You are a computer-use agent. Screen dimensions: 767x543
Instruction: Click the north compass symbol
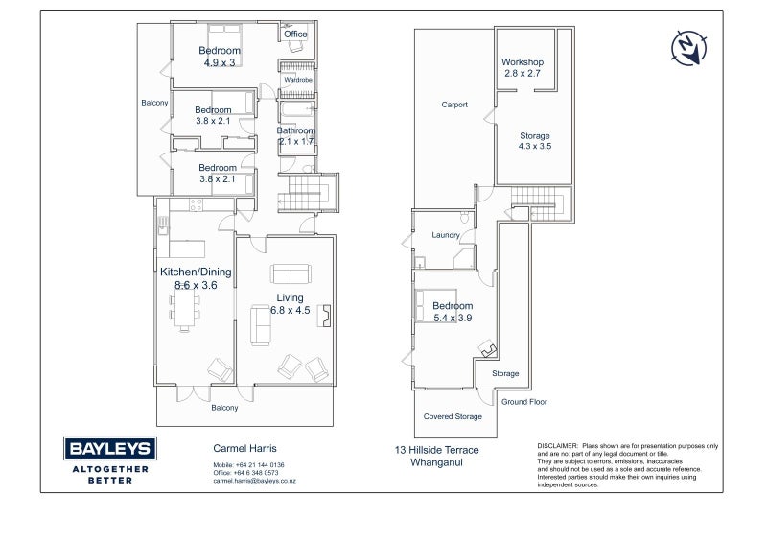(x=688, y=48)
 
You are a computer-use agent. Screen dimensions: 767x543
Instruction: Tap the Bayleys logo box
(x=110, y=448)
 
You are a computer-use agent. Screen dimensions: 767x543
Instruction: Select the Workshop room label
(x=523, y=62)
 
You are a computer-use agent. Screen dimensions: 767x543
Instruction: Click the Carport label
(x=454, y=105)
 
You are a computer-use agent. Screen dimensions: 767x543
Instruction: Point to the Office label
(x=295, y=34)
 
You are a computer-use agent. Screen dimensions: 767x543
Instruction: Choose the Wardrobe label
(x=298, y=80)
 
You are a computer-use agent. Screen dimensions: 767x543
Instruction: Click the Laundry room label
(x=446, y=235)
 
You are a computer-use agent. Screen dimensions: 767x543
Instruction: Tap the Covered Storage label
(x=453, y=416)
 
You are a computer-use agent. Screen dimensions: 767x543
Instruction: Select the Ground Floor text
(x=523, y=402)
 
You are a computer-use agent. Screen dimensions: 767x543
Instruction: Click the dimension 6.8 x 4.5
(x=291, y=310)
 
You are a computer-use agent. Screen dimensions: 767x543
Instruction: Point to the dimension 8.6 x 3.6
(x=196, y=285)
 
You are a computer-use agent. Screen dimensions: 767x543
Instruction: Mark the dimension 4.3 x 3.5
(x=535, y=146)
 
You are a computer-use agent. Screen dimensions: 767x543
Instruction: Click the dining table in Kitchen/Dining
(x=184, y=310)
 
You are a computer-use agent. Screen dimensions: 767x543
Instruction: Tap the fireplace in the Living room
(x=324, y=316)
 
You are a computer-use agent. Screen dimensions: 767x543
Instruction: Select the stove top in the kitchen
(x=197, y=204)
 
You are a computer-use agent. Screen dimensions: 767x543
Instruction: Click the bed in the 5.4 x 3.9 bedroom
(x=435, y=305)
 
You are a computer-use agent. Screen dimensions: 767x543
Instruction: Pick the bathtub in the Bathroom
(x=297, y=108)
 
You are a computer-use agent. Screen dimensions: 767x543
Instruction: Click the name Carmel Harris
(x=244, y=448)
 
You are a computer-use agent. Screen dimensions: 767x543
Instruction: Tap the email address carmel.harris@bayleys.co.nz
(x=254, y=481)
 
